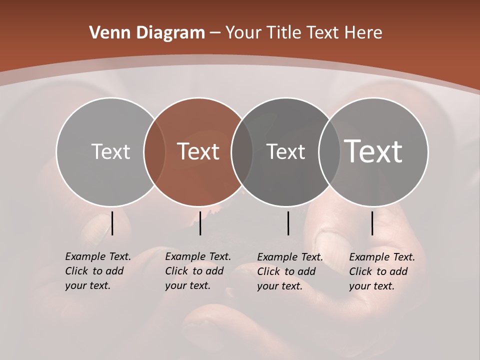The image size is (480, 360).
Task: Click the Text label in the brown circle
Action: point(198,151)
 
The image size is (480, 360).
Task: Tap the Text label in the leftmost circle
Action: point(110,151)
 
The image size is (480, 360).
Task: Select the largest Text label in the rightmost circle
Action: point(373,151)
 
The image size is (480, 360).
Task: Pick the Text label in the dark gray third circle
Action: point(285,151)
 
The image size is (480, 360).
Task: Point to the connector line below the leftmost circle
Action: point(112,223)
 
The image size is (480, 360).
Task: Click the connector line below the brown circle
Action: point(200,223)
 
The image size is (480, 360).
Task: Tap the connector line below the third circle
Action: point(288,223)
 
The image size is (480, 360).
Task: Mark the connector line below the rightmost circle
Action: point(372,223)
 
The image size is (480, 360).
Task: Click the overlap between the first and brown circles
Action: point(154,152)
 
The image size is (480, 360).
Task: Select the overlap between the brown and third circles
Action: point(242,152)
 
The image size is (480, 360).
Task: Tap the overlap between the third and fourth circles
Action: point(329,152)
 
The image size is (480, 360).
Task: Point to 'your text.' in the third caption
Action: point(280,286)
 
